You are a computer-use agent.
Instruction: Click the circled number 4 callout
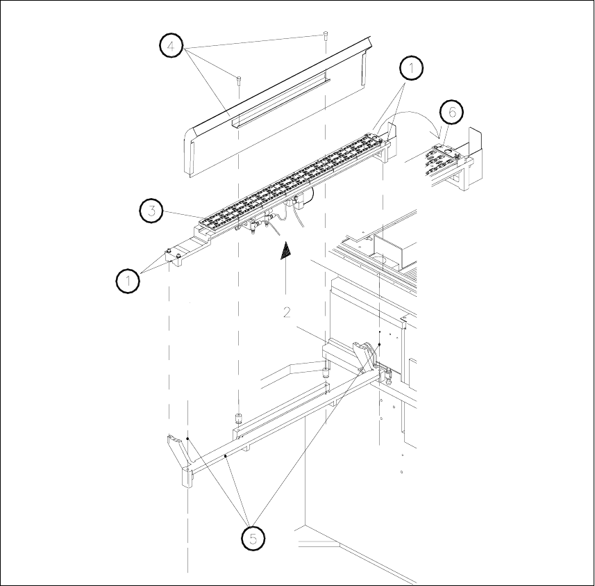pyautogui.click(x=171, y=47)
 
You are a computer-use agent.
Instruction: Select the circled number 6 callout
pyautogui.click(x=451, y=113)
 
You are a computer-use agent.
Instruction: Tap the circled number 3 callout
pyautogui.click(x=152, y=211)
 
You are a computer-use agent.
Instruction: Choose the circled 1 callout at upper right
pyautogui.click(x=411, y=70)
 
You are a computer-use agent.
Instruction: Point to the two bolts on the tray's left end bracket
pyautogui.click(x=173, y=257)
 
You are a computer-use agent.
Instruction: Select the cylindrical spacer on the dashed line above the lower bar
pyautogui.click(x=238, y=418)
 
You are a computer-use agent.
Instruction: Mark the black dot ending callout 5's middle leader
pyautogui.click(x=227, y=455)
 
